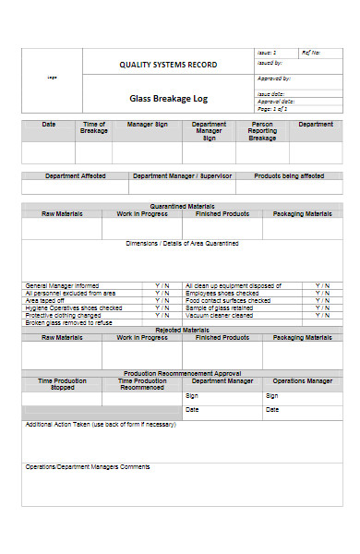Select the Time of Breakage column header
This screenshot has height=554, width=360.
point(94,127)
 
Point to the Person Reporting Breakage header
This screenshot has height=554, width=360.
point(262,130)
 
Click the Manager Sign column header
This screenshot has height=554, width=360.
point(148,124)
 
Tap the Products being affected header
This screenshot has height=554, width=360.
point(289,175)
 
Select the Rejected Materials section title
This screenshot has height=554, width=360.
point(181,330)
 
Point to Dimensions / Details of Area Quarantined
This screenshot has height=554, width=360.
point(182,244)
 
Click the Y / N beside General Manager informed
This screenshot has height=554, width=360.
point(162,286)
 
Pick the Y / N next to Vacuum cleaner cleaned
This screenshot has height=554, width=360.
point(321,315)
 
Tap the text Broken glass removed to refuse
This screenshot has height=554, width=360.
point(69,322)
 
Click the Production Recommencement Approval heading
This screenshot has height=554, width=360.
point(181,373)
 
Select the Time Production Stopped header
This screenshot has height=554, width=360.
point(64,383)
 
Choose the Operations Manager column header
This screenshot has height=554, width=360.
point(302,380)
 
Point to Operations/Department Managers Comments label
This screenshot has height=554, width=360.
point(88,466)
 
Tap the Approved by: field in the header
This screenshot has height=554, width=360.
point(275,79)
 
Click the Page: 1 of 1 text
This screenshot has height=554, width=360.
point(274,109)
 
